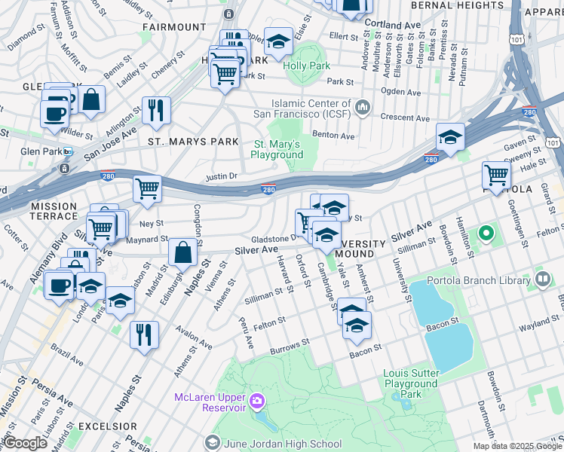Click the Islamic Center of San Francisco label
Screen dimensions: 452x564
pyautogui.click(x=312, y=108)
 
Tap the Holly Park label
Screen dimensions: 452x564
pyautogui.click(x=307, y=66)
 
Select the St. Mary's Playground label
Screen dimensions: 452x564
pyautogui.click(x=276, y=149)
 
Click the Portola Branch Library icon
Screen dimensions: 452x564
pyautogui.click(x=543, y=280)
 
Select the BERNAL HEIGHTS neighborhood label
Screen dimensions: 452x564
pyautogui.click(x=458, y=5)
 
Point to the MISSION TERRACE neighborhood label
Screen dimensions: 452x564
pyautogui.click(x=54, y=206)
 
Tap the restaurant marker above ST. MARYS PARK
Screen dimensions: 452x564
pyautogui.click(x=156, y=110)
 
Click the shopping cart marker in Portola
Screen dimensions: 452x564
pyautogui.click(x=496, y=175)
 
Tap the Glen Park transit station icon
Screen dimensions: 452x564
pyautogui.click(x=67, y=151)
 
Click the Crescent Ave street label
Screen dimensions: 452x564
pyautogui.click(x=404, y=118)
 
